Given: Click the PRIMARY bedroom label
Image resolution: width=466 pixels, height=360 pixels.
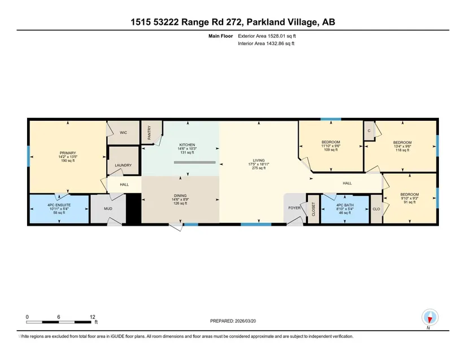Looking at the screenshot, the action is pyautogui.click(x=68, y=153).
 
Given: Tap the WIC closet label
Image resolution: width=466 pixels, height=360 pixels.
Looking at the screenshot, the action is pyautogui.click(x=123, y=133).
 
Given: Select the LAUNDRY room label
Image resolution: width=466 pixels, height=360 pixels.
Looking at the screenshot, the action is pyautogui.click(x=123, y=165).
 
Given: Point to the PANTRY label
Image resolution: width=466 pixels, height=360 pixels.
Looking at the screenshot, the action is pyautogui.click(x=149, y=133).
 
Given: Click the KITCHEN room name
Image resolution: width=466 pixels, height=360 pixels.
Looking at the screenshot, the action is pyautogui.click(x=187, y=145).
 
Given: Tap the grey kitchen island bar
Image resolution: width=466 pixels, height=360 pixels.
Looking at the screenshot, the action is pyautogui.click(x=195, y=163).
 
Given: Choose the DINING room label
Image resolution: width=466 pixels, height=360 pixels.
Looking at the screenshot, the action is pyautogui.click(x=180, y=196).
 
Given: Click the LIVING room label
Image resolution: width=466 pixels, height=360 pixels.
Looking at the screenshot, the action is pyautogui.click(x=259, y=161).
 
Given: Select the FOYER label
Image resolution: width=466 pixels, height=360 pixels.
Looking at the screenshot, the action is pyautogui.click(x=294, y=208).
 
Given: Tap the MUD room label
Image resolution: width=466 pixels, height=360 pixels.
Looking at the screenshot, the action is pyautogui.click(x=108, y=209).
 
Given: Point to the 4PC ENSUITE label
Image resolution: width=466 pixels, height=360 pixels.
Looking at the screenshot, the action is pyautogui.click(x=59, y=205).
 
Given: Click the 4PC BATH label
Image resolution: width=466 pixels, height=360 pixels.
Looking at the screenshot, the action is pyautogui.click(x=345, y=205).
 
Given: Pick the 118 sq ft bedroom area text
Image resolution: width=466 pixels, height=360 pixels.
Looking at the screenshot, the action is pyautogui.click(x=402, y=150).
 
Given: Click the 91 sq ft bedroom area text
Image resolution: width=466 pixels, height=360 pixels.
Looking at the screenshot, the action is pyautogui.click(x=410, y=202).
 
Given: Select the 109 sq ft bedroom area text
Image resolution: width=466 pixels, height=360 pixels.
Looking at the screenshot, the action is pyautogui.click(x=331, y=150).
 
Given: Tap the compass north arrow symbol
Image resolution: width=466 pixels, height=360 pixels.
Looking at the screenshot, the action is pyautogui.click(x=430, y=318).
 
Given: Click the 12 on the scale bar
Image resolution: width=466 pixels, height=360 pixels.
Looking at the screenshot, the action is pyautogui.click(x=93, y=317).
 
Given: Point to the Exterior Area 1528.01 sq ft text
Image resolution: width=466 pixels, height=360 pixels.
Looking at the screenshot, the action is pyautogui.click(x=267, y=36).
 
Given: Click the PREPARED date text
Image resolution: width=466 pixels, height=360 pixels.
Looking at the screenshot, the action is pyautogui.click(x=233, y=321).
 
